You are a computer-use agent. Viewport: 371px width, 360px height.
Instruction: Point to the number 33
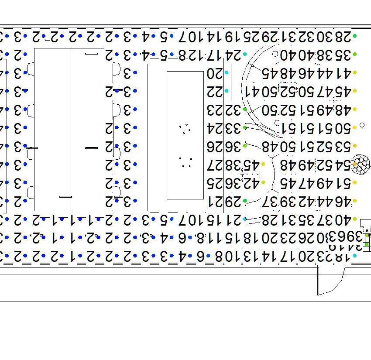coord(234,128)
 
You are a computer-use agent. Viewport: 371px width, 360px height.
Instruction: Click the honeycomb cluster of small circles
coord(361,164)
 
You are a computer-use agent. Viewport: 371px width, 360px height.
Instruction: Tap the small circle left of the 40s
coord(275,54)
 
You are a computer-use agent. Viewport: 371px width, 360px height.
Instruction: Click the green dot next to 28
coord(355,36)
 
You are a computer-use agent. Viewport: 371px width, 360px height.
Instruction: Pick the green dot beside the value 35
coord(355,55)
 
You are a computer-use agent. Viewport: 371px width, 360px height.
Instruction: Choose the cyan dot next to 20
coord(227,72)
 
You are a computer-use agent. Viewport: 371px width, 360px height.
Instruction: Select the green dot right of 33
coord(245,127)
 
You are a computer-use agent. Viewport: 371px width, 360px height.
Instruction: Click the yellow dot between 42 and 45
coord(263,183)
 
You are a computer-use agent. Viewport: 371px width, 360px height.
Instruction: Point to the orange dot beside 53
coord(355,146)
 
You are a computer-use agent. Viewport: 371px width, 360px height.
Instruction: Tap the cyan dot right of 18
coord(355,256)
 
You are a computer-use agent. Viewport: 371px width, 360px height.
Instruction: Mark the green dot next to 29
coord(245,201)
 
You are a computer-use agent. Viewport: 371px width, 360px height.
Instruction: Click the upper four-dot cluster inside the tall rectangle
coord(185,128)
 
